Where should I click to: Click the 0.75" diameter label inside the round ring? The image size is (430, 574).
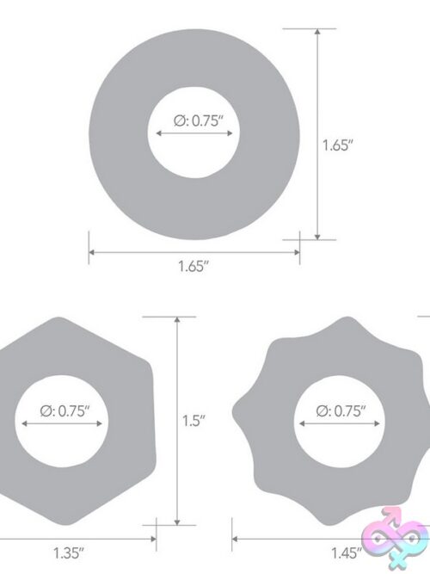[199, 120]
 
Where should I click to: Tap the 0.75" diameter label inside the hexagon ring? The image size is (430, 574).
[64, 411]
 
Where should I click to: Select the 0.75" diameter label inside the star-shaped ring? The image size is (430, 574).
[341, 411]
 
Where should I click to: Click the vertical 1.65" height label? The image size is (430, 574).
[337, 145]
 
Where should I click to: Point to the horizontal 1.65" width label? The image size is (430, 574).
[193, 266]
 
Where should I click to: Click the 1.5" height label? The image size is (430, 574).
[193, 421]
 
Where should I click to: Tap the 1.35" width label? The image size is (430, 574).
[69, 552]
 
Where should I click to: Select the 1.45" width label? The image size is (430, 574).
[347, 552]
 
